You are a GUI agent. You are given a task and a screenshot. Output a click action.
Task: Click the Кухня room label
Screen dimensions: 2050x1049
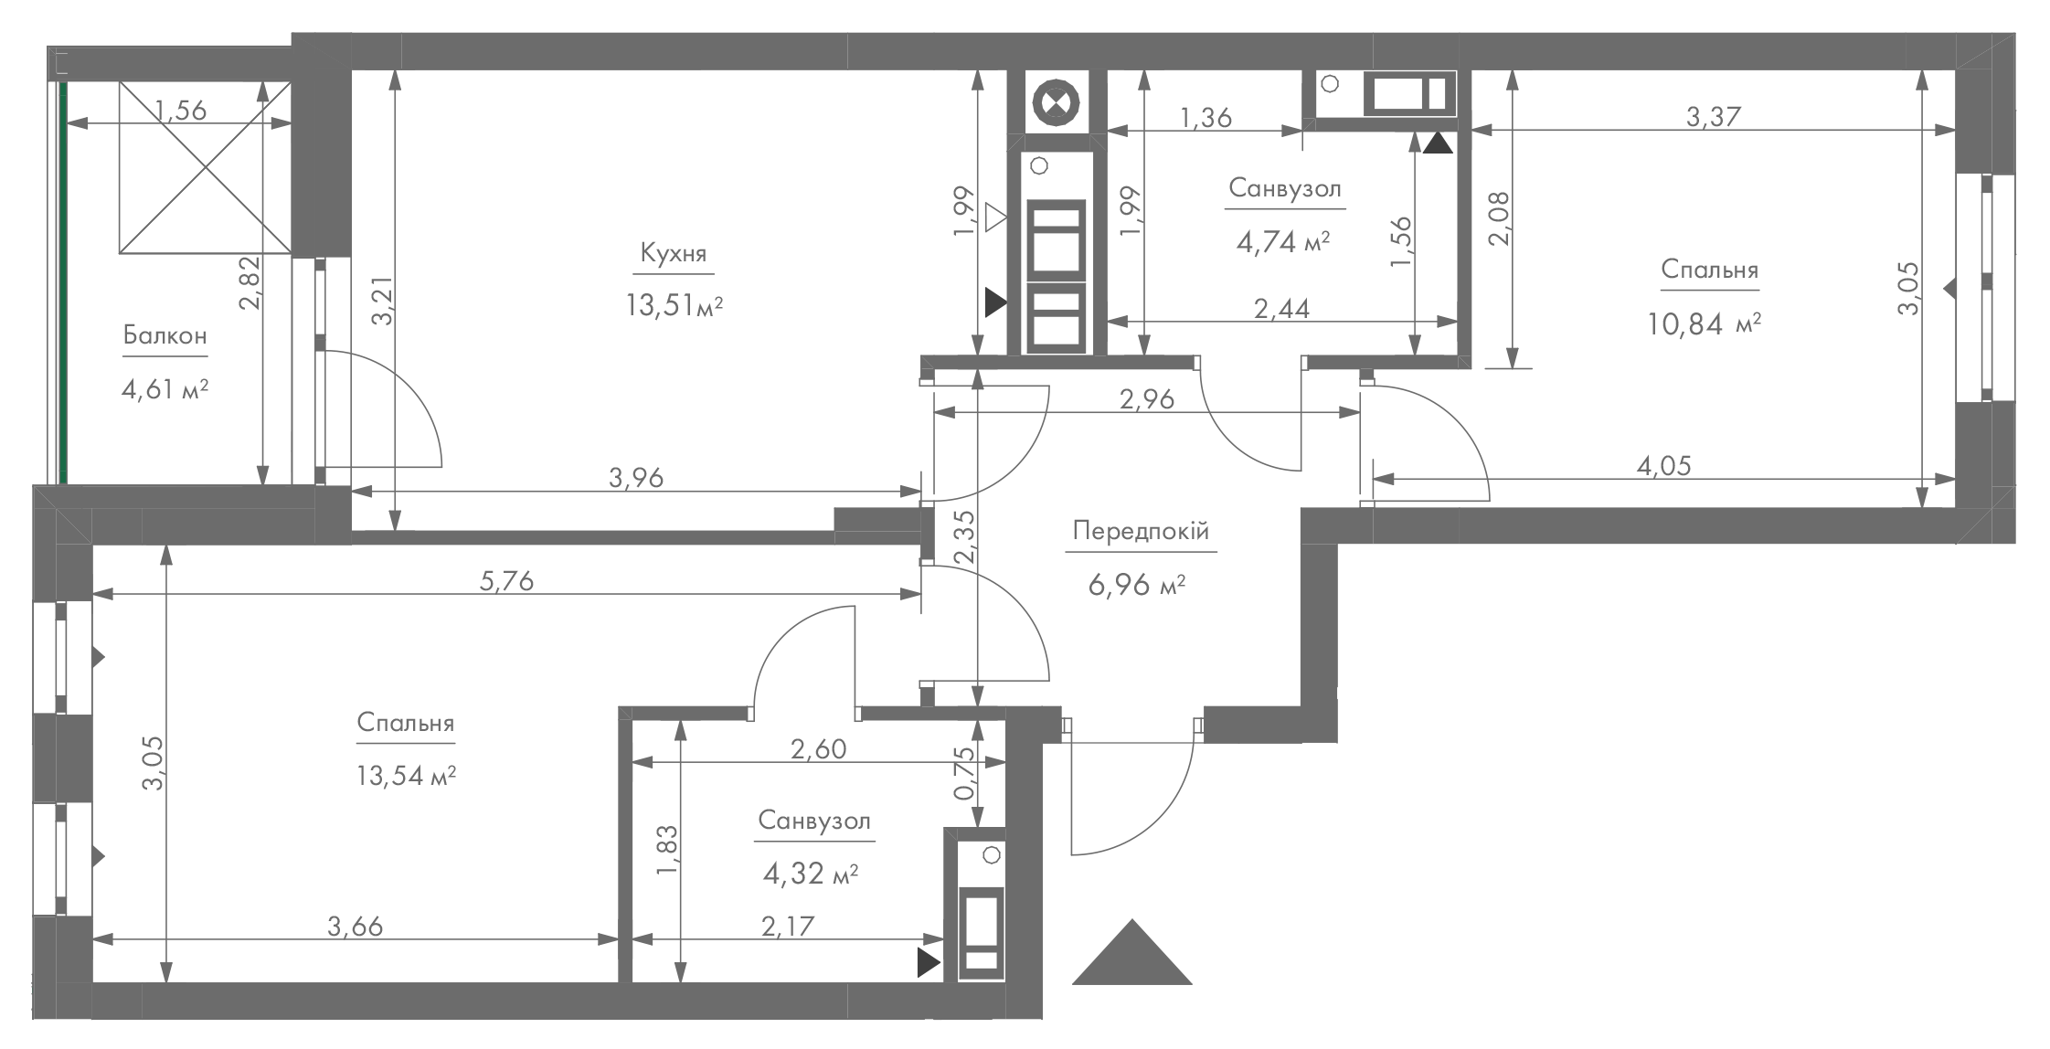(x=674, y=253)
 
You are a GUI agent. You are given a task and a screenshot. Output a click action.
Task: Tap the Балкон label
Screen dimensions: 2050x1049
(x=165, y=335)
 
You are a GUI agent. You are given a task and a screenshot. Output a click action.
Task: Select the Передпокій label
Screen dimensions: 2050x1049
(x=1141, y=531)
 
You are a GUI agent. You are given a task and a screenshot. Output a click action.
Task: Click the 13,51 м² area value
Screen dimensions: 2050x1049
(x=674, y=304)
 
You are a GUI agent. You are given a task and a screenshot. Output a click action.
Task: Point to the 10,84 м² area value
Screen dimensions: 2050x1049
(x=1705, y=323)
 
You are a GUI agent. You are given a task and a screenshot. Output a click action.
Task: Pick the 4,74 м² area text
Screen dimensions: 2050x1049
(x=1282, y=241)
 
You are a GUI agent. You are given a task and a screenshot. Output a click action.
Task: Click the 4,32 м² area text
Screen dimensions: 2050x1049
(x=810, y=874)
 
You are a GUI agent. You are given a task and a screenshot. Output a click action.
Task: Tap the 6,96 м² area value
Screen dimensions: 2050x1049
(x=1136, y=584)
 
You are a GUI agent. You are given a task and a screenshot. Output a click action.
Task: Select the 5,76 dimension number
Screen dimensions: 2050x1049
(x=506, y=580)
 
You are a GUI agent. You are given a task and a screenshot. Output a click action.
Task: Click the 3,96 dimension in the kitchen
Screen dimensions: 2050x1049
(x=636, y=477)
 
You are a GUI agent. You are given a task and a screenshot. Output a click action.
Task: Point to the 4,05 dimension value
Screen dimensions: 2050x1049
(x=1663, y=466)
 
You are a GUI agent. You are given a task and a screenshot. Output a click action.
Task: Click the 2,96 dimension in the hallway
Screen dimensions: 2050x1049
(x=1146, y=399)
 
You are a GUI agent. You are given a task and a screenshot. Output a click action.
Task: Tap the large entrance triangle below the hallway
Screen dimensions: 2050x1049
(x=1131, y=952)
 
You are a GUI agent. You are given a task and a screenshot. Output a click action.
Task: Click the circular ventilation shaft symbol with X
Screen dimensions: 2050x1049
(x=1056, y=102)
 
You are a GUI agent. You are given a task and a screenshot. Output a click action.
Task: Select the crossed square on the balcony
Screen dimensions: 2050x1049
(x=206, y=167)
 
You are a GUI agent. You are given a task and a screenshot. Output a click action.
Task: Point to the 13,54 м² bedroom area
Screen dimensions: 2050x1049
(x=406, y=777)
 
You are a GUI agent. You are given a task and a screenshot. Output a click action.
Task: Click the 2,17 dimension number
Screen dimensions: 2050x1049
(x=787, y=927)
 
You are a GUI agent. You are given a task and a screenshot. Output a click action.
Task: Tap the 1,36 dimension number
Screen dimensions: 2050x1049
(x=1206, y=117)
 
